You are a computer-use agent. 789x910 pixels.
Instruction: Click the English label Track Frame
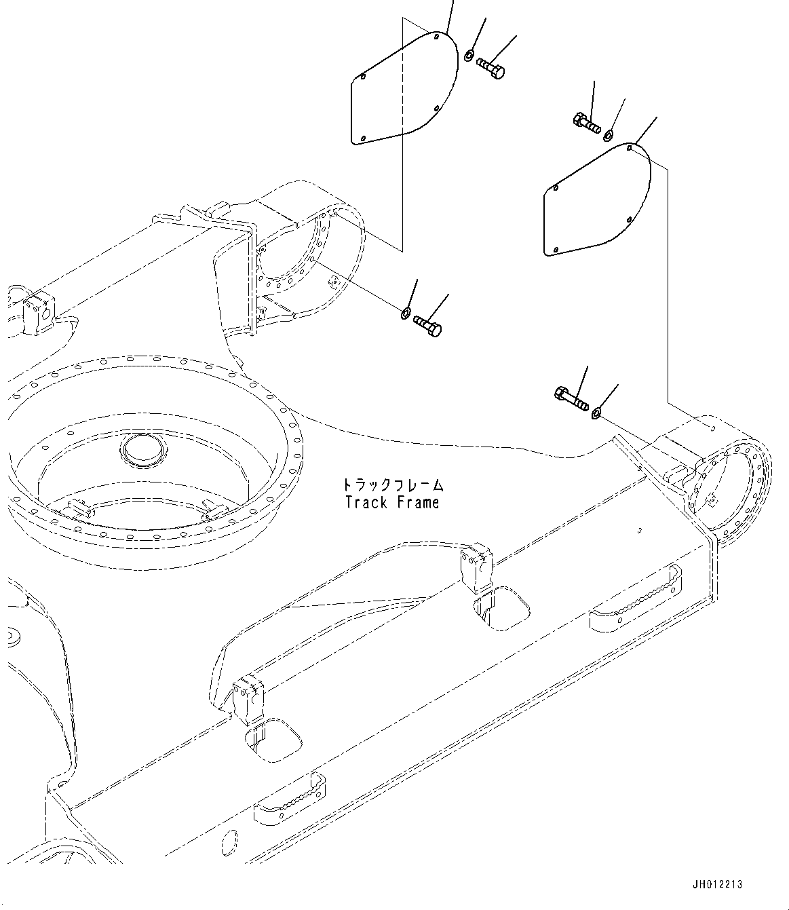coord(391,503)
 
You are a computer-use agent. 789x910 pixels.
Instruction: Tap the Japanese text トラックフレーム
coord(391,485)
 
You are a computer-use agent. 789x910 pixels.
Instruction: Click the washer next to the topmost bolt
coord(469,54)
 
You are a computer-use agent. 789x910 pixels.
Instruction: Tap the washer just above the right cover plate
coord(609,134)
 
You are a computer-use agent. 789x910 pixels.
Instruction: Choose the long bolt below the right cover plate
coord(571,398)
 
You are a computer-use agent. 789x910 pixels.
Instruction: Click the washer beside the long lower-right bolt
coord(596,412)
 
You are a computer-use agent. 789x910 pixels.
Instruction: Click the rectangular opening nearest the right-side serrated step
coord(504,607)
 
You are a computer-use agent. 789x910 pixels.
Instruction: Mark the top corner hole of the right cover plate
coord(630,146)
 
